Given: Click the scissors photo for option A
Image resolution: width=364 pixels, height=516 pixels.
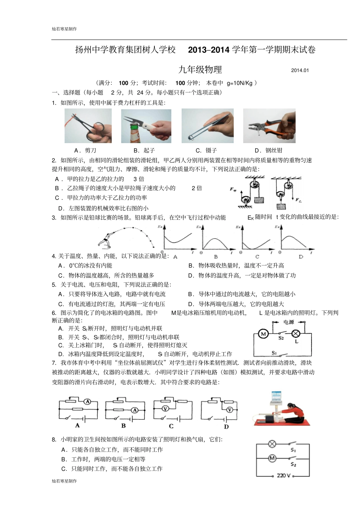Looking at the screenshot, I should tap(88, 126).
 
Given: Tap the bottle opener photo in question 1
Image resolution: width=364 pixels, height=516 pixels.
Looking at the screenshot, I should tap(146, 126).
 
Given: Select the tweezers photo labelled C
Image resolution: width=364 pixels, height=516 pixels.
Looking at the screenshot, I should tap(207, 126).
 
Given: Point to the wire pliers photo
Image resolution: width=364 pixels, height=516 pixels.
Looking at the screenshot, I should tap(269, 126).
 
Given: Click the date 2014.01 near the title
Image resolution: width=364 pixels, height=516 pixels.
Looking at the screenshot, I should tap(300, 70).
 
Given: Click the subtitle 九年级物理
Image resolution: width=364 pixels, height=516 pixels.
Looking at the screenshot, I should tap(200, 69).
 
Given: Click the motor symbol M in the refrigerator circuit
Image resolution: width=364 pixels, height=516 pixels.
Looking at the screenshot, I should tap(263, 334).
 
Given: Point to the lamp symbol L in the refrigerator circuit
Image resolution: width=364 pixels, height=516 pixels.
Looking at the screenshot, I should tap(296, 333).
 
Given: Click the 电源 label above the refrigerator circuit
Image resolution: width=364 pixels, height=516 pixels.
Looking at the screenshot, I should tap(289, 322).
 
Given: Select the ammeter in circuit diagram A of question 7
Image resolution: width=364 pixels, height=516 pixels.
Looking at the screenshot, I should tap(88, 401).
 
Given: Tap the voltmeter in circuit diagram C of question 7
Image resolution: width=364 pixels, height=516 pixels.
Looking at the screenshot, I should tap(165, 409).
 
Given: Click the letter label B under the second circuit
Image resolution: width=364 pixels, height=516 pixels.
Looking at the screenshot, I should tap(123, 425).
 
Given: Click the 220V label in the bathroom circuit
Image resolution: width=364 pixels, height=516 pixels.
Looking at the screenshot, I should tap(284, 475).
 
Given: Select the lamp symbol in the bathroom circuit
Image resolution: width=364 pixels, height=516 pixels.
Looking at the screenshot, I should tap(272, 444).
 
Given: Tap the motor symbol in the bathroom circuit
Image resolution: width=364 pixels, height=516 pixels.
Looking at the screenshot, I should tap(272, 458).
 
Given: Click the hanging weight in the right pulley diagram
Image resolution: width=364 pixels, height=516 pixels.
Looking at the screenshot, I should tap(281, 207).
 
